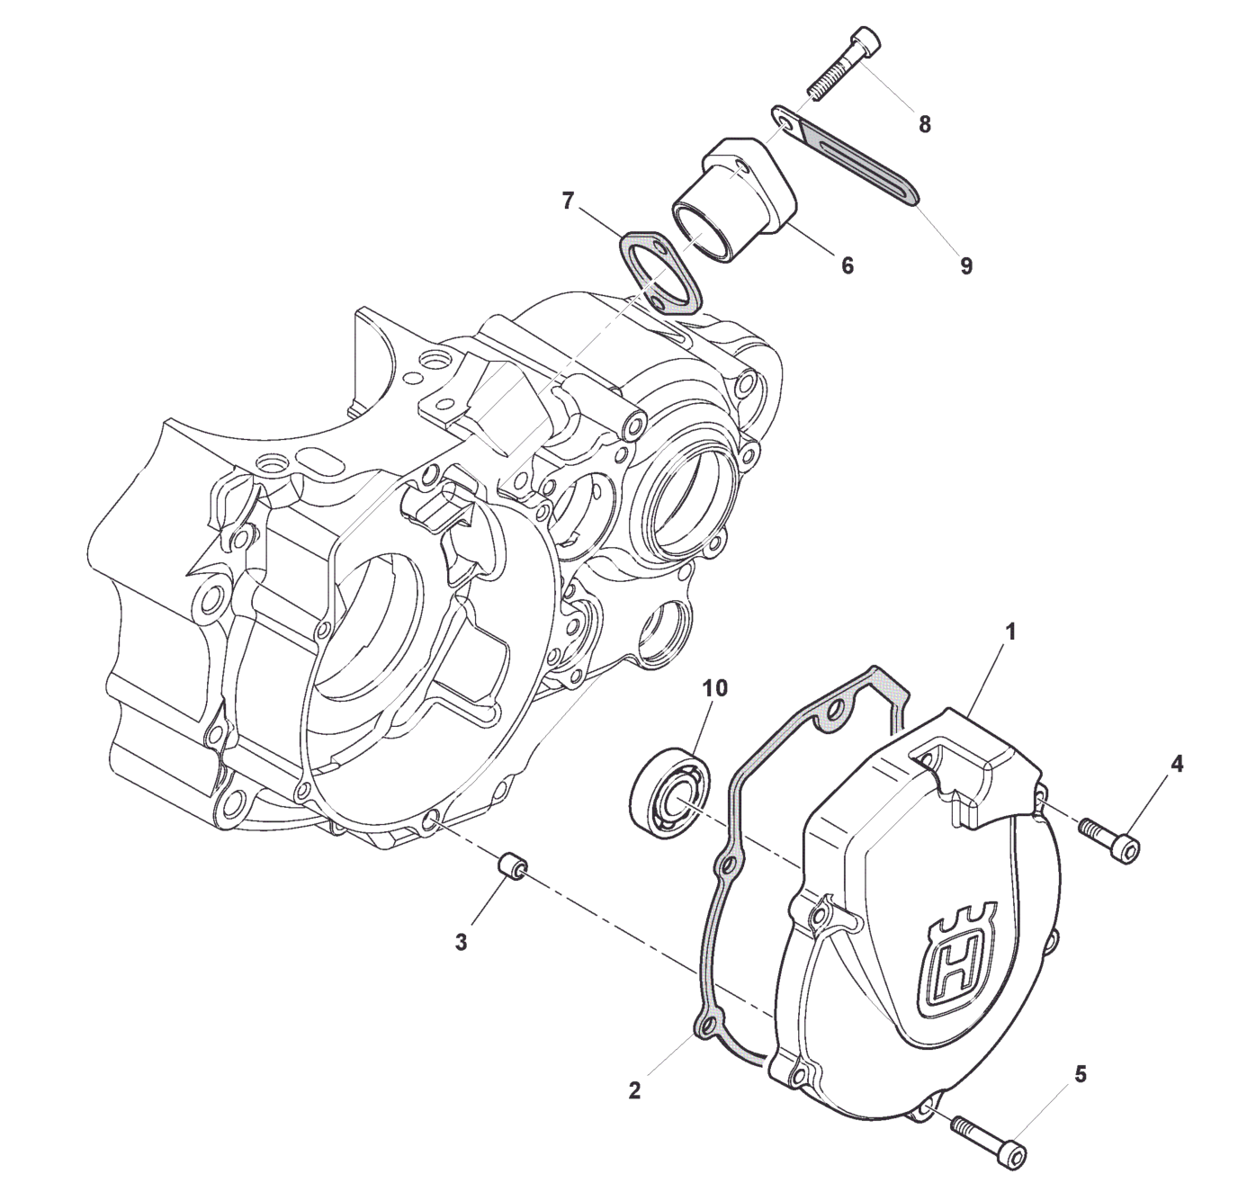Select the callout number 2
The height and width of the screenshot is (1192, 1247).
point(634,1090)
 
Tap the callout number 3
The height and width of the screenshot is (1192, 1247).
point(461,943)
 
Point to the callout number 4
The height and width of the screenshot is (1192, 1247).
point(1177,763)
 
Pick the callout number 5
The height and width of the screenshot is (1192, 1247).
point(1081,1074)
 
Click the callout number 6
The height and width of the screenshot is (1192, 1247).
point(848,264)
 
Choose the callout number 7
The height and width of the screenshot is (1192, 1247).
point(567,202)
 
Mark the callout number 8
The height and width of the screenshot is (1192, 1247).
point(924,124)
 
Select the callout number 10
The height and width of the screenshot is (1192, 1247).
point(715,688)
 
